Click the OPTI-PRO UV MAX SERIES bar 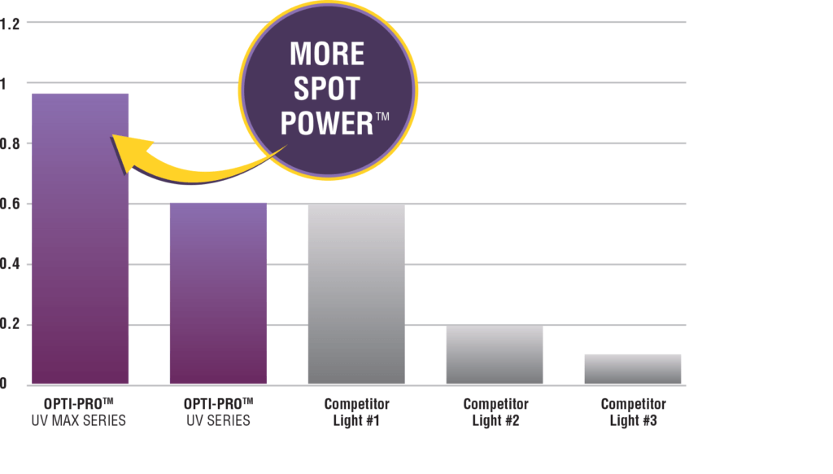[x=79, y=244]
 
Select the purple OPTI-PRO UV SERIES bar [x=217, y=293]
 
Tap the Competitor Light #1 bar [x=355, y=293]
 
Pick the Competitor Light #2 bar [x=494, y=355]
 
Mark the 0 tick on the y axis [x=4, y=384]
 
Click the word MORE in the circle [x=327, y=55]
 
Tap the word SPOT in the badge [x=326, y=90]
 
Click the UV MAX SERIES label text [x=79, y=422]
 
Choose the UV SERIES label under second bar [x=217, y=422]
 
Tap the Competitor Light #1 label [x=356, y=413]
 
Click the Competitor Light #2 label [x=495, y=413]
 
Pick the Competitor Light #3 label [x=633, y=413]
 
